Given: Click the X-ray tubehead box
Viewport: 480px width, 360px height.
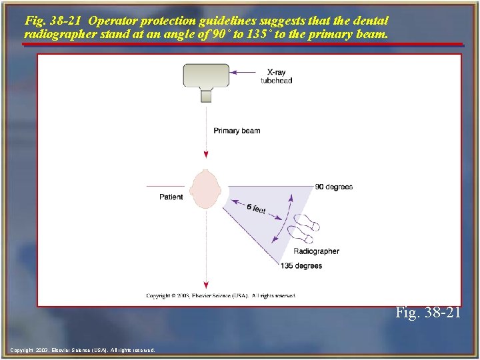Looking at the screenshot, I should coord(206,75).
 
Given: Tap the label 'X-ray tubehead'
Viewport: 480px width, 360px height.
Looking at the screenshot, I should coord(276,76).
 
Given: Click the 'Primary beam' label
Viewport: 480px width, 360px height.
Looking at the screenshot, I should coord(237,131).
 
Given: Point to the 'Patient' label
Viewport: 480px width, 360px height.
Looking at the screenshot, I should coord(171,197).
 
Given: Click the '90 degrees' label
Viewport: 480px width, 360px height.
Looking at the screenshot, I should coord(334,187).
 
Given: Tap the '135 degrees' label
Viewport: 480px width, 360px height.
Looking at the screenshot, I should coord(301,265).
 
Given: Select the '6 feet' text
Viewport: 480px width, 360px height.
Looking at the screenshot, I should coord(256,209).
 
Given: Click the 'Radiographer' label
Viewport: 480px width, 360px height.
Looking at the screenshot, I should coord(316,251).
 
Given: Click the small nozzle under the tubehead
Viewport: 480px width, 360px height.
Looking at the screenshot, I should coord(206,96).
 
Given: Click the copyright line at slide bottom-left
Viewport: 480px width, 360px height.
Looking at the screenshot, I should coord(83,350).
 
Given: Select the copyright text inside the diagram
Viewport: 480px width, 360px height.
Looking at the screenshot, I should coord(221,295).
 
